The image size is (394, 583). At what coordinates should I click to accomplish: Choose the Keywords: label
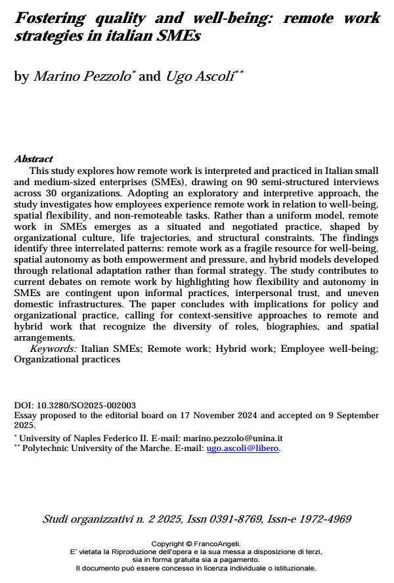[x=53, y=349]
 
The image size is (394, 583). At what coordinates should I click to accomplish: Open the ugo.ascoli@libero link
[x=243, y=448]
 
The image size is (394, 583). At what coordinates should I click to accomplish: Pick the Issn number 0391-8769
[x=233, y=519]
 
